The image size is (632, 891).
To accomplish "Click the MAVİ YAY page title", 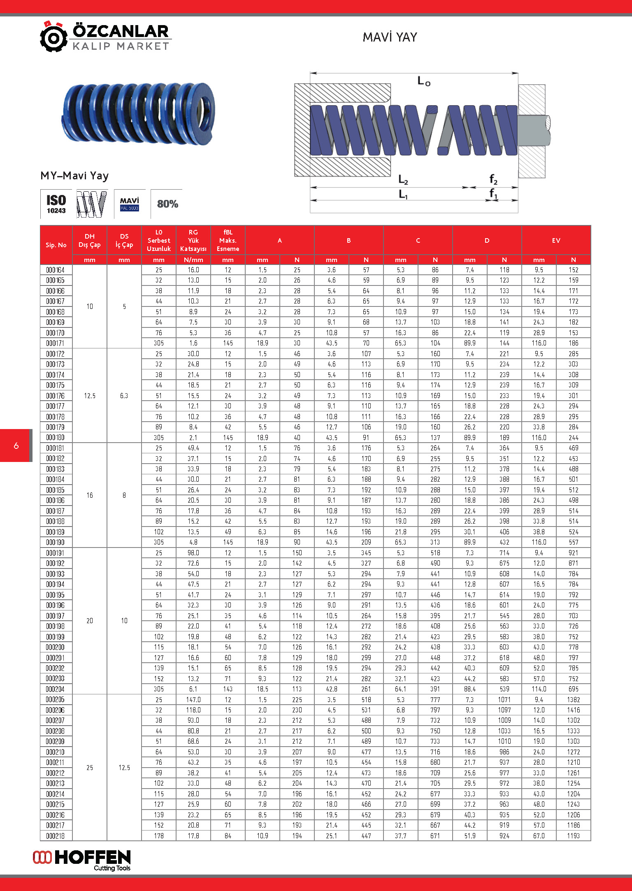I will pos(390,37).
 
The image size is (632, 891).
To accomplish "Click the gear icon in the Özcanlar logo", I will pos(53,37).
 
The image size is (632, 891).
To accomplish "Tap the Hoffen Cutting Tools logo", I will pos(82,860).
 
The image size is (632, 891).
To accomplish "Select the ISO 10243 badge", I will pos(56,204).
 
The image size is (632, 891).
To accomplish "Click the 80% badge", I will pos(167,204).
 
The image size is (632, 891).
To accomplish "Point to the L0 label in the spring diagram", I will pos(424,81).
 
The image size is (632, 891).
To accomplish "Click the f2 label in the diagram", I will pos(493,179).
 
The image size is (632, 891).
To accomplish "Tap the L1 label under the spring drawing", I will pos(403,194).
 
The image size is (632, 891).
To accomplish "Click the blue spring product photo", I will pos(139,113).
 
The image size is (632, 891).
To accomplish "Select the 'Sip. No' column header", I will pos(56,245).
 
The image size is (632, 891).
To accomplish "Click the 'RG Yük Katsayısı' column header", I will pos(193,241).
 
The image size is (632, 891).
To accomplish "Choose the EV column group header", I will pos(556,241).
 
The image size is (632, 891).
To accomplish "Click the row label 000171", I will pos(55,343).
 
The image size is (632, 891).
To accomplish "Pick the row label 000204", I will pos(55,689).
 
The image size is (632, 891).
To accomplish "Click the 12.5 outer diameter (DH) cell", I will pos(90,396).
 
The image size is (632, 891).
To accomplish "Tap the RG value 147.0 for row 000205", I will pos(193,700).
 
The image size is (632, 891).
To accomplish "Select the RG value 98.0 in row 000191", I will pos(193,553).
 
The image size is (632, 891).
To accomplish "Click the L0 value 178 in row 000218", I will pos(159,836).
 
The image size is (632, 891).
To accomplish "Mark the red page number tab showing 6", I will pos(16,445).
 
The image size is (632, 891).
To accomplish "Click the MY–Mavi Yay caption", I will pos(74,176).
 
